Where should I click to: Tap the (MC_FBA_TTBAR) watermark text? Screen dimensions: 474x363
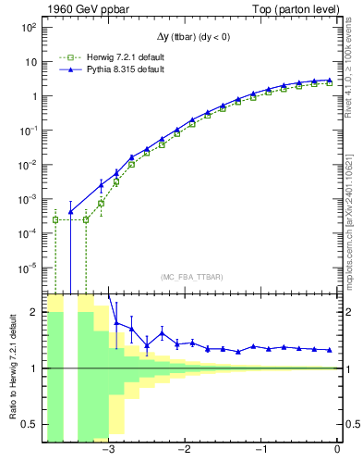point(191,277)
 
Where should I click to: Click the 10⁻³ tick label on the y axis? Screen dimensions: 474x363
point(28,199)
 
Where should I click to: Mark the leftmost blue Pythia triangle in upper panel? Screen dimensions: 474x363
point(71,212)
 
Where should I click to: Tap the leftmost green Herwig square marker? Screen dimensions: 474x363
point(55,219)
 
